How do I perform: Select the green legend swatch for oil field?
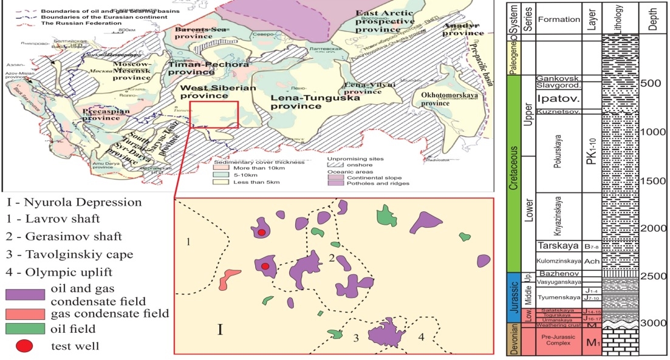25,329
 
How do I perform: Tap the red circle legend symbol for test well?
25,347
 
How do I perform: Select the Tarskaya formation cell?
558,246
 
